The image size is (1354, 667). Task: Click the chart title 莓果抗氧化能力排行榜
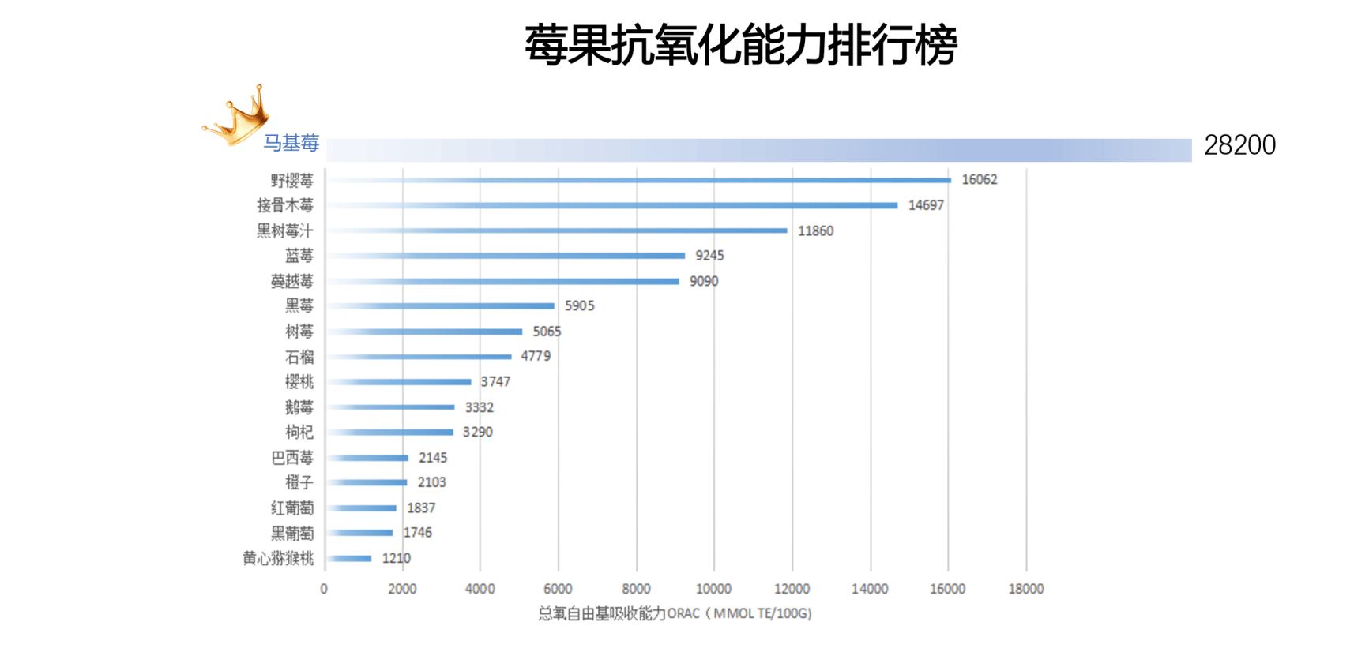[740, 45]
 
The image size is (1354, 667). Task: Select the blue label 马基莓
[291, 143]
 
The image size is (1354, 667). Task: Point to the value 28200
[1239, 145]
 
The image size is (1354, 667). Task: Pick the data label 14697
[925, 205]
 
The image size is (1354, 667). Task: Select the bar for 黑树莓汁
[557, 230]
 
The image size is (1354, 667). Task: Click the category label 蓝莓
[299, 256]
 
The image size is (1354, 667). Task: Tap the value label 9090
[703, 281]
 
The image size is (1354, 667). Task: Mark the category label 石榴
[299, 357]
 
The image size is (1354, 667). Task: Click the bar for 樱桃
[399, 382]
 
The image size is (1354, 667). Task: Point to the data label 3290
[477, 433]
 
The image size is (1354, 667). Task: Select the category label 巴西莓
[291, 458]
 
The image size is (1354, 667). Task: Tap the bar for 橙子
[367, 482]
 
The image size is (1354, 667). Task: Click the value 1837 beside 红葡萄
[421, 508]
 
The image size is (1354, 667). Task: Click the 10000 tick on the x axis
[713, 589]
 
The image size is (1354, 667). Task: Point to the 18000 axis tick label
[1025, 589]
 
